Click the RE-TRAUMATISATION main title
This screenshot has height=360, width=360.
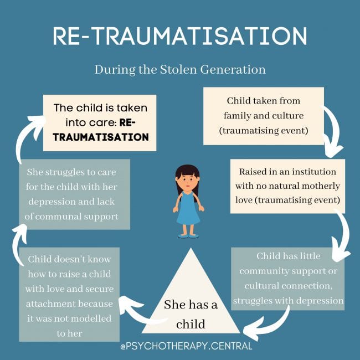click(180, 36)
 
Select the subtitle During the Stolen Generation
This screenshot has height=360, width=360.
click(180, 70)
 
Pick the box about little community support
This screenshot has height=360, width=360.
click(288, 279)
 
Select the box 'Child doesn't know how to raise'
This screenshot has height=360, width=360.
click(69, 294)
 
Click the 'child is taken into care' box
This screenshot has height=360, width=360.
click(100, 122)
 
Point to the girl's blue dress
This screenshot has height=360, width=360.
click(188, 210)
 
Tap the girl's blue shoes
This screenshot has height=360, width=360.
click(188, 235)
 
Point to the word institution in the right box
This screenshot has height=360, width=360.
click(313, 172)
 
